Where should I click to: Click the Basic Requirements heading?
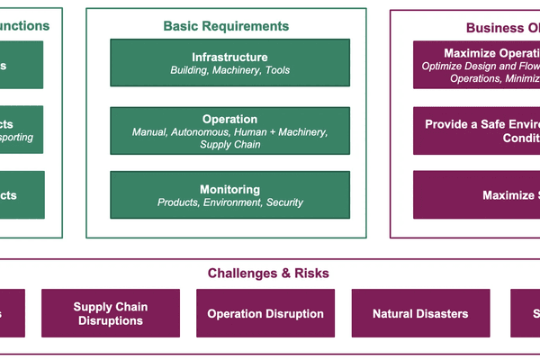[226, 26]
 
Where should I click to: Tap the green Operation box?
[229, 131]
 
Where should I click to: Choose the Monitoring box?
[229, 195]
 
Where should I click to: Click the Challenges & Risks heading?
[268, 273]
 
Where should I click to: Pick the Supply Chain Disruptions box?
[111, 314]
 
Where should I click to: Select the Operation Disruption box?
[265, 314]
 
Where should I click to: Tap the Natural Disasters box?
[420, 314]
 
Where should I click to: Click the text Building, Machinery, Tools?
[229, 70]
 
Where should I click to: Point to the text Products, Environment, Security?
[229, 202]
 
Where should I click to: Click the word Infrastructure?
[229, 57]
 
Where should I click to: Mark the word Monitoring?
[229, 189]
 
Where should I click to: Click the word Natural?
[396, 314]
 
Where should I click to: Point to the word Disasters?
[444, 314]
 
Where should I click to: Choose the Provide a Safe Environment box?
[476, 131]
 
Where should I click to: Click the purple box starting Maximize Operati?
[476, 65]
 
